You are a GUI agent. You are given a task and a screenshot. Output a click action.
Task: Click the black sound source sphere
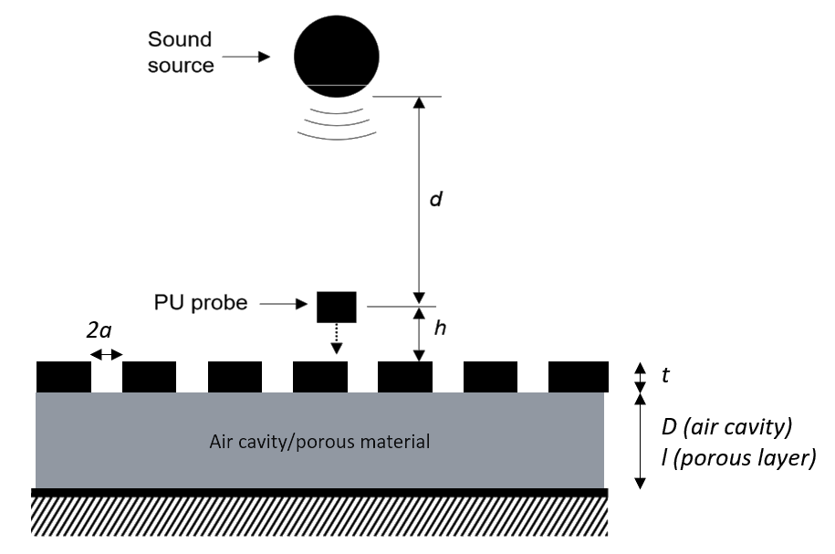[x=336, y=54]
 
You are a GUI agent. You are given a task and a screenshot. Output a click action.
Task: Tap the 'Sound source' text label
[x=180, y=52]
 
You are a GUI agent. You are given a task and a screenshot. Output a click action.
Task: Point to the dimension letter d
[x=436, y=198]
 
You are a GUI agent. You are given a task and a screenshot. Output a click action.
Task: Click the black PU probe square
[x=336, y=307]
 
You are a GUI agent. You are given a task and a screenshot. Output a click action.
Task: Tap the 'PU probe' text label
[x=201, y=302]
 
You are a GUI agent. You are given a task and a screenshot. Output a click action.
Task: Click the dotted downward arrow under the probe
[x=336, y=339]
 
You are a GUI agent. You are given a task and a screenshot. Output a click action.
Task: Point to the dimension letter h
[x=440, y=329]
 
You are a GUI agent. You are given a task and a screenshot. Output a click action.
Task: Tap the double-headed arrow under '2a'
[x=106, y=354]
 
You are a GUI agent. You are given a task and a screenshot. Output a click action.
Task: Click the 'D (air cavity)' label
[x=727, y=426]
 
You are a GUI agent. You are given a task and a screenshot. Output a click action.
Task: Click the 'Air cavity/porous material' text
[x=319, y=442]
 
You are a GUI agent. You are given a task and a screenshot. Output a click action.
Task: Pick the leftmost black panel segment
[x=63, y=377]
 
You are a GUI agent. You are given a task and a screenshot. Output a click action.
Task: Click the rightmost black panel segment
[x=578, y=377]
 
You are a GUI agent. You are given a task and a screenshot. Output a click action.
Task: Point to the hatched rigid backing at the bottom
[x=319, y=517]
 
